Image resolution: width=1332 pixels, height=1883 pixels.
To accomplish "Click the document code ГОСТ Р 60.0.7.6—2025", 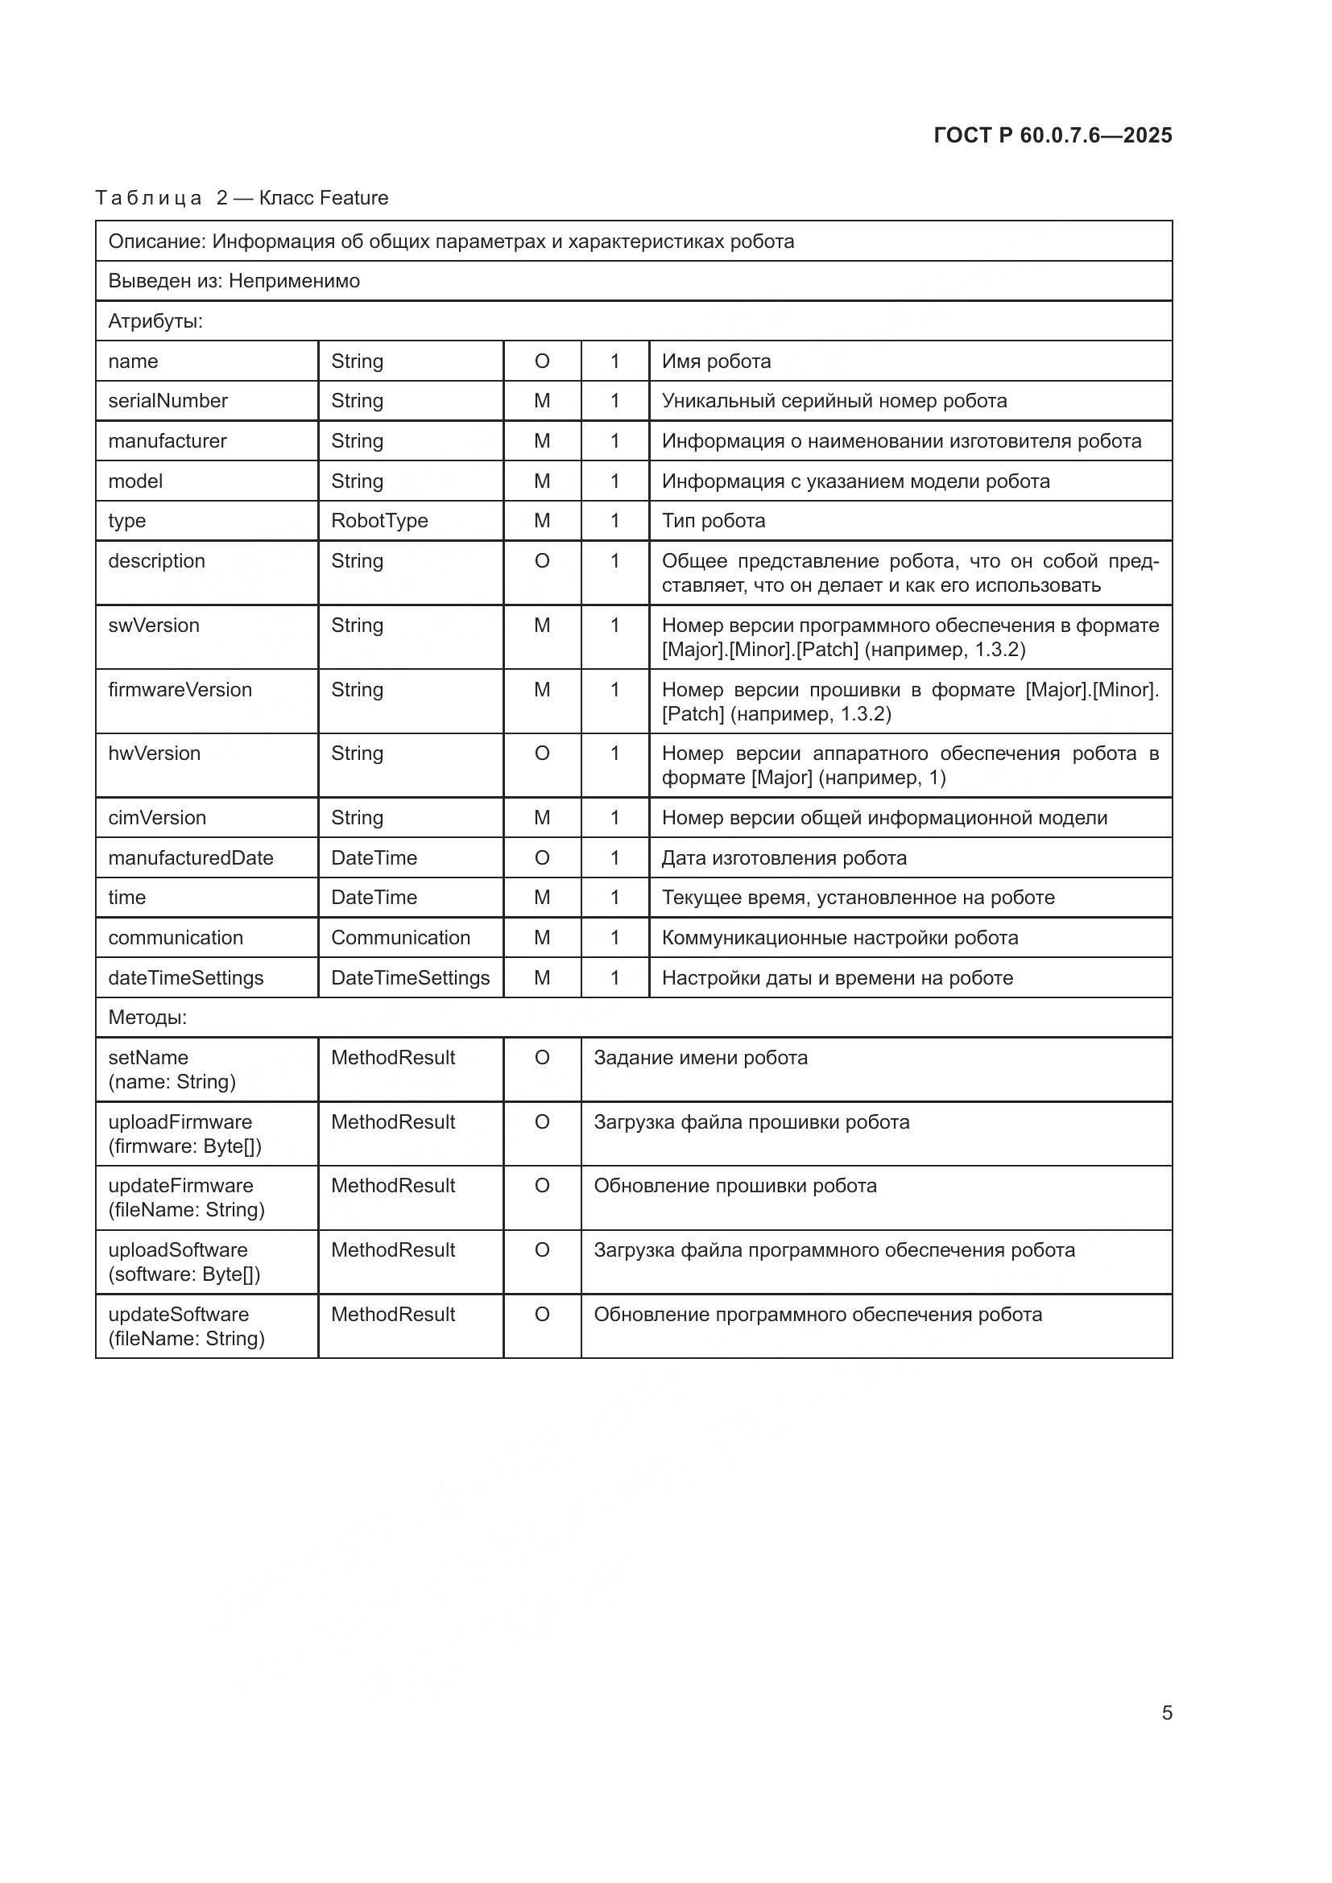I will pos(1053,135).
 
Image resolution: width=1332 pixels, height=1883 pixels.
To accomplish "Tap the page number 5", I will pos(1166,1712).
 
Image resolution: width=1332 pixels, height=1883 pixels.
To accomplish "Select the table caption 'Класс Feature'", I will pos(323,198).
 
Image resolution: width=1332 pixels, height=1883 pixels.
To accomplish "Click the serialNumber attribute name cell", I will pos(168,401).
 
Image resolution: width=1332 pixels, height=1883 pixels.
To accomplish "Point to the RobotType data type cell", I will pos(379,521).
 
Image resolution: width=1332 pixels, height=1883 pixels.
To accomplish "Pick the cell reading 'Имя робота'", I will pos(716,361).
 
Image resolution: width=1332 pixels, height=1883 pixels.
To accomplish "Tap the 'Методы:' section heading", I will pos(147,1018).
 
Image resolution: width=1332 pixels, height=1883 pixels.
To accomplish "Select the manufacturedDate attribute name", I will pos(190,858).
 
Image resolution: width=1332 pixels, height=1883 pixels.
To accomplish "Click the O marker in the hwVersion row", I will pos(542,754).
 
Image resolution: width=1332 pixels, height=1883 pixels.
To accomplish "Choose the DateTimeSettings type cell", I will pos(410,977).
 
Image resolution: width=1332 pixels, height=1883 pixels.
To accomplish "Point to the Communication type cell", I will pos(400,937).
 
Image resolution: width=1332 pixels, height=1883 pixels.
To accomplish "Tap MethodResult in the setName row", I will pos(393,1058).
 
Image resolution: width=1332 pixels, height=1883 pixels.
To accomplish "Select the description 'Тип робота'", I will pos(714,521).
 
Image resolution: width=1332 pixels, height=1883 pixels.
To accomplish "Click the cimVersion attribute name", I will pos(158,818).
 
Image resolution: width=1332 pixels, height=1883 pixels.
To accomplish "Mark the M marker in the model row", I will pos(542,481).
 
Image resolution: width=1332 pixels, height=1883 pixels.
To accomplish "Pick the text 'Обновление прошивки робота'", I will pos(735,1186).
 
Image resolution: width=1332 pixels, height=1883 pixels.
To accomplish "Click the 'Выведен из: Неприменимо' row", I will pos(234,281).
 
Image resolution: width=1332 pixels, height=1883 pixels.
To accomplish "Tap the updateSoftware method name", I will pos(179,1315).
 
